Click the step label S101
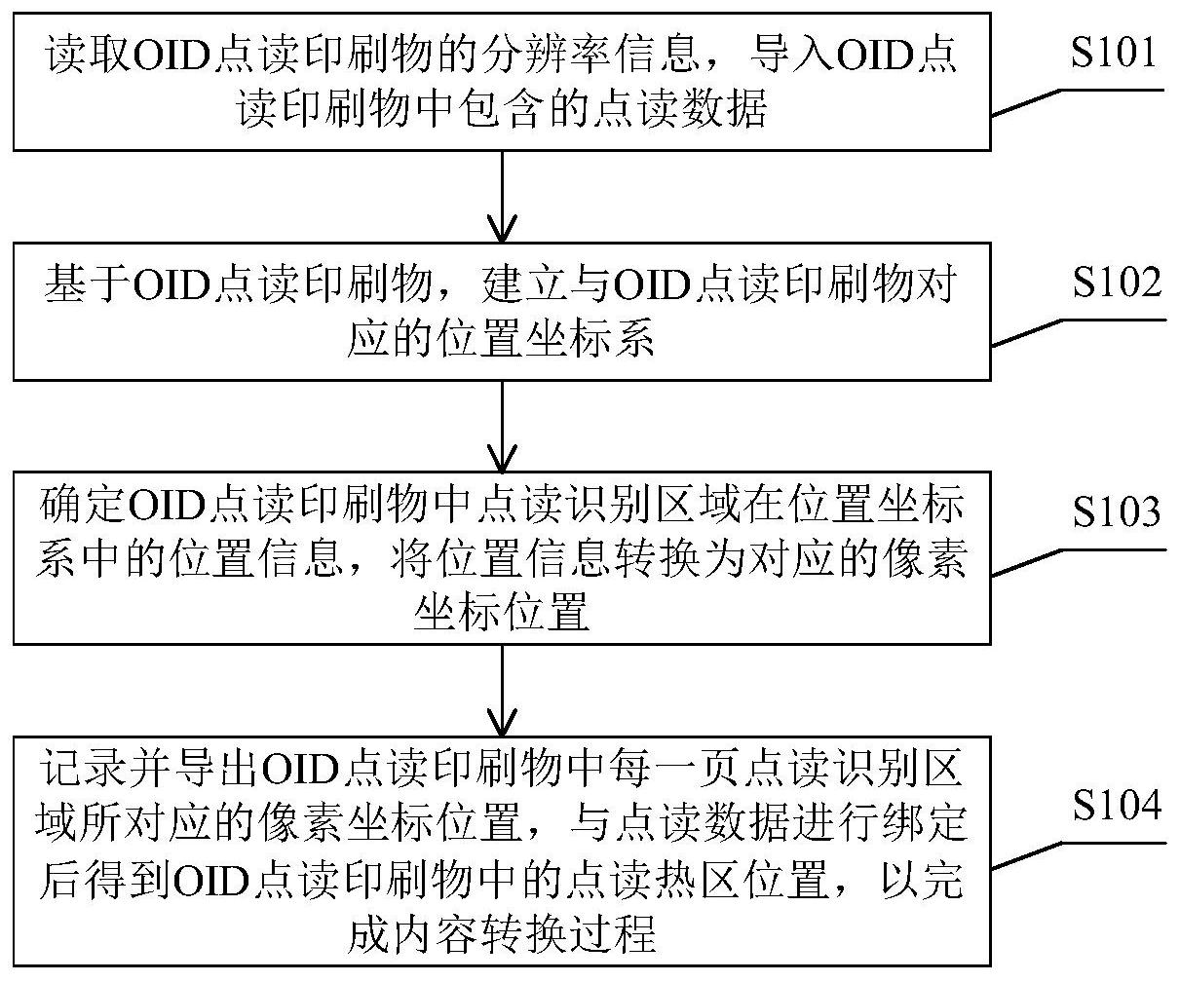click(1114, 53)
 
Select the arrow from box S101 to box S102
click(502, 195)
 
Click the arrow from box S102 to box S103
click(502, 425)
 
